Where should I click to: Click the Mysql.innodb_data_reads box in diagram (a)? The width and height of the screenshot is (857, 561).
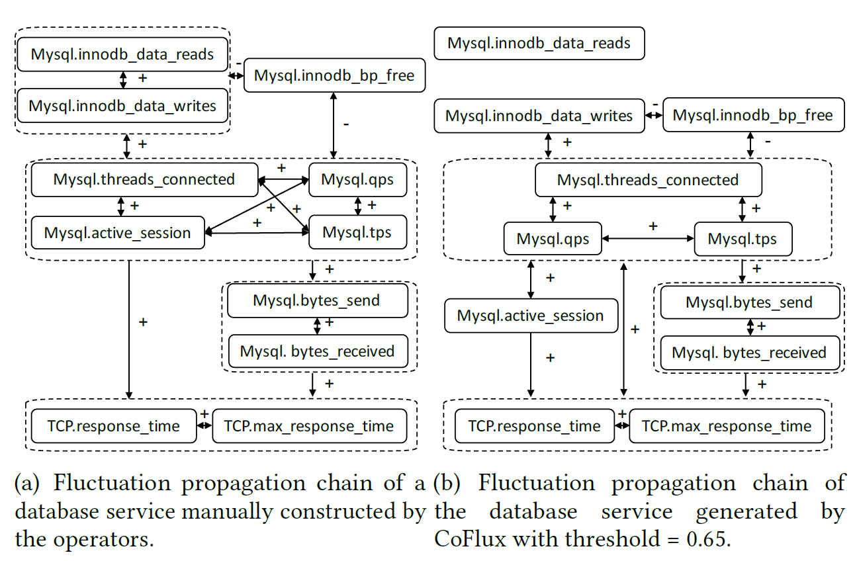122,54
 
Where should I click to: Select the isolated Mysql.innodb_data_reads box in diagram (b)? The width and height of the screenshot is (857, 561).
539,44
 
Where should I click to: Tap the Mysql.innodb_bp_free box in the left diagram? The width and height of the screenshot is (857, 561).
334,75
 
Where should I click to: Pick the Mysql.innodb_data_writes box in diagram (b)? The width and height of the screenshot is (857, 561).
539,116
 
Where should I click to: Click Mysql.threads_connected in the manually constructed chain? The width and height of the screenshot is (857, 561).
144,179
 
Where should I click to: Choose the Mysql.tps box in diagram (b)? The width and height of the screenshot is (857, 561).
742,238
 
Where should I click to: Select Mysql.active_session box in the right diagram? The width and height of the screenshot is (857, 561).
530,316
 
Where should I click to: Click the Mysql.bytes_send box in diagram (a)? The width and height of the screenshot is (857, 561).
316,301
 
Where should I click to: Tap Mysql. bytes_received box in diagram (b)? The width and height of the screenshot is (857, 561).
749,353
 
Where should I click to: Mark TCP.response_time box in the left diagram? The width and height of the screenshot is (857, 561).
113,426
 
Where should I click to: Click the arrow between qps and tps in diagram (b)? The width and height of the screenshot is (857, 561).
647,238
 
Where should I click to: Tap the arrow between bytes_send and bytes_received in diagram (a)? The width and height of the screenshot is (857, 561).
317,325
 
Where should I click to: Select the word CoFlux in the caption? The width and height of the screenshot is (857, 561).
469,539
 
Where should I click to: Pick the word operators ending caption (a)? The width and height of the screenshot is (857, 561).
110,539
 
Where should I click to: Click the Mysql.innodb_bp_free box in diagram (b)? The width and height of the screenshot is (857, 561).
752,116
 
